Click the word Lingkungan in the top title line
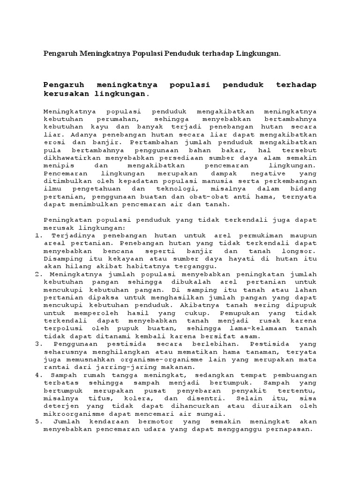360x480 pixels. click(x=258, y=54)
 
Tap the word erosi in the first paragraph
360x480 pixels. click(x=53, y=142)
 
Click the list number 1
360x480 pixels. click(x=38, y=235)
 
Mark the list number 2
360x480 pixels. click(x=38, y=274)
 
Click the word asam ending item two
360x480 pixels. click(x=250, y=336)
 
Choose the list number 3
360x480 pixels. click(x=38, y=344)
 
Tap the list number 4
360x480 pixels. click(x=38, y=375)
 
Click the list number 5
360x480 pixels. click(x=38, y=421)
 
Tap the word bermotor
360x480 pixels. click(x=156, y=421)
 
